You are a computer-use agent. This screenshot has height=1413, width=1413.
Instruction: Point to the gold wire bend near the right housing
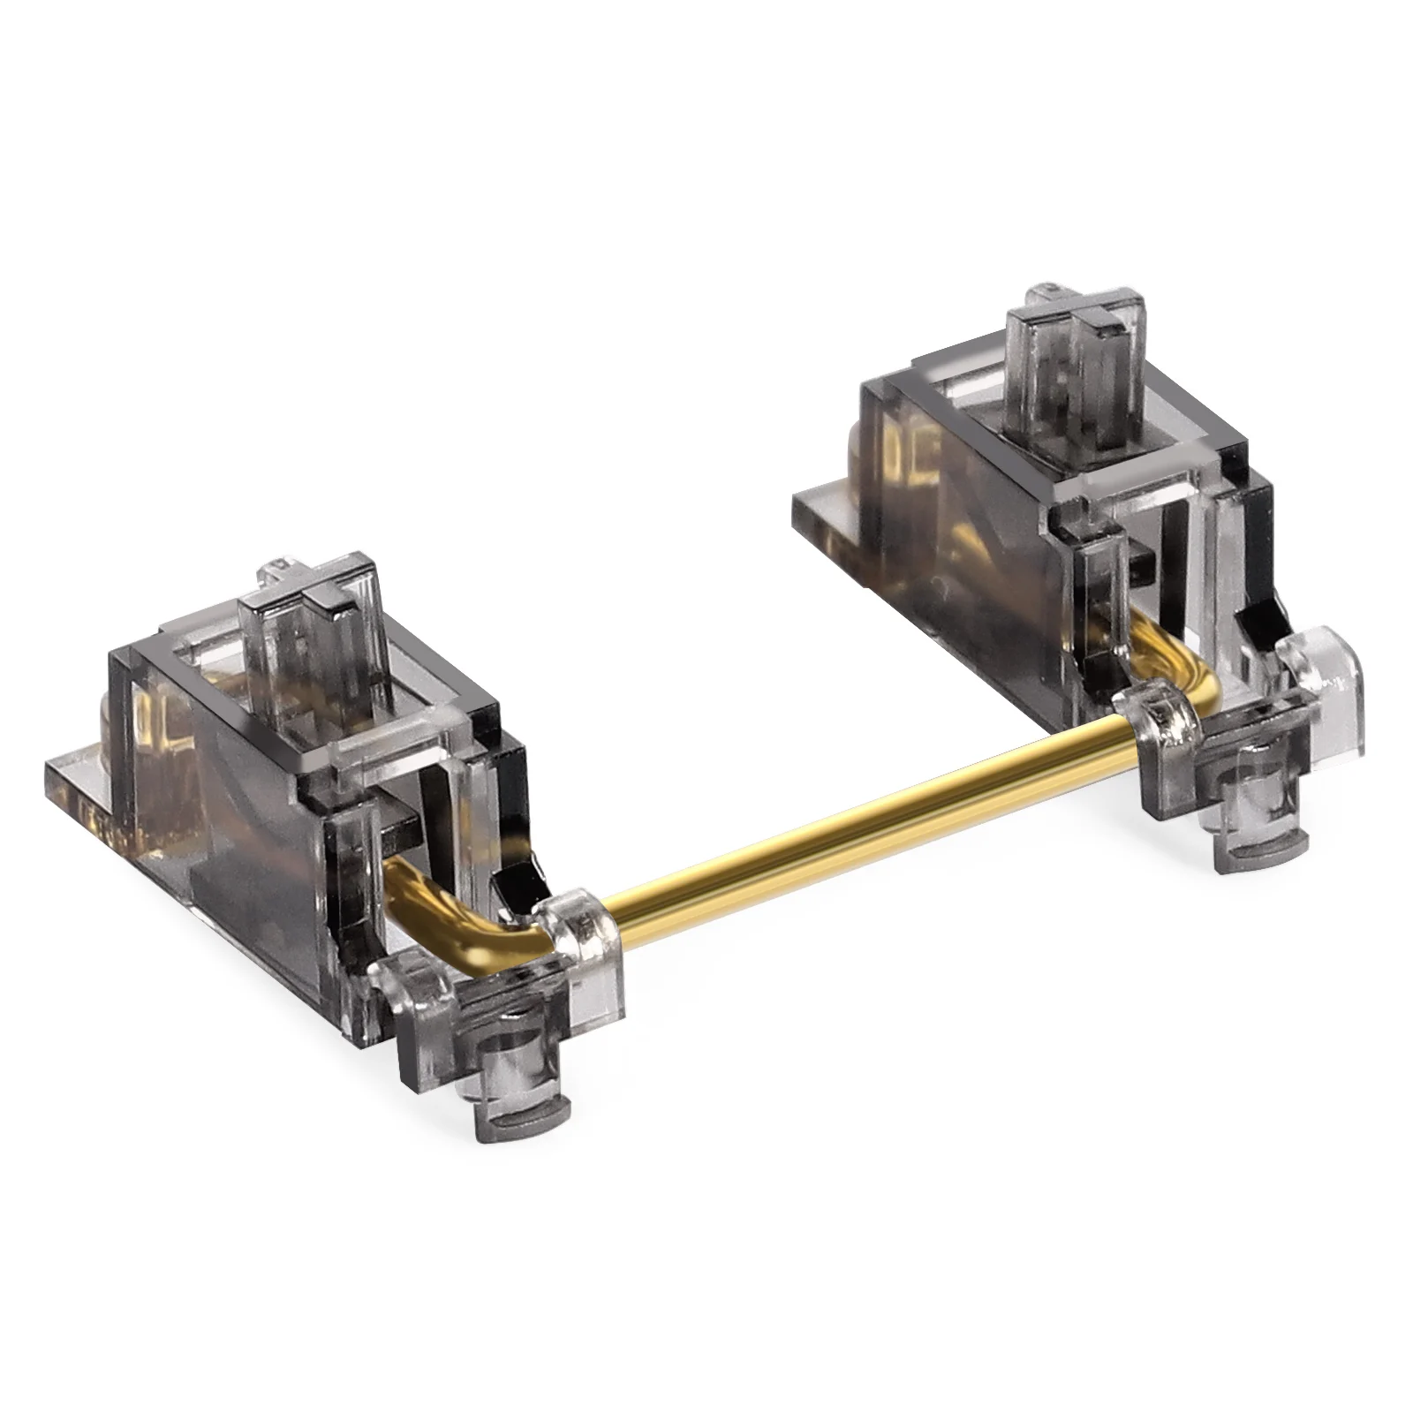[1183, 654]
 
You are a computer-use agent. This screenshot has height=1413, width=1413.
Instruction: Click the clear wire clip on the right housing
[1166, 724]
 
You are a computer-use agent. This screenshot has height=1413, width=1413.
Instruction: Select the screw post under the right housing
[1254, 830]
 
